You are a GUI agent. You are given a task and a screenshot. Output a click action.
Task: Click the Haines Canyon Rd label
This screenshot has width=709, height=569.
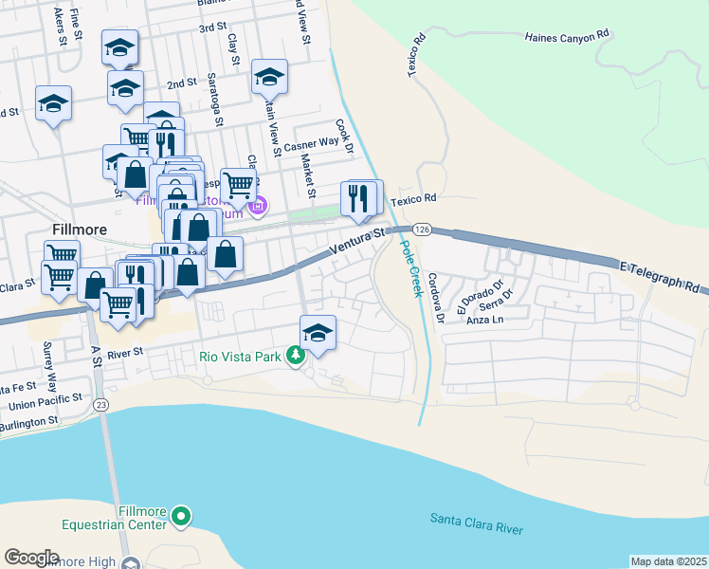click(566, 37)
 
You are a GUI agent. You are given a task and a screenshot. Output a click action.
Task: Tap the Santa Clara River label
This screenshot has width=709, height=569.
click(476, 523)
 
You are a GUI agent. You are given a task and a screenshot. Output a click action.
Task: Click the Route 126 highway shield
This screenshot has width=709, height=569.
click(423, 229)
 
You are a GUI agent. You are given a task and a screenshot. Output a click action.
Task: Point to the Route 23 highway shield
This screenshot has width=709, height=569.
click(101, 404)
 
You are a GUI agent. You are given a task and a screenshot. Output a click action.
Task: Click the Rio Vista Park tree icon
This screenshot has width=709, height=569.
click(297, 356)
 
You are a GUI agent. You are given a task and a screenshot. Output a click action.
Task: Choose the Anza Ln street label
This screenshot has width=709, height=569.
click(485, 320)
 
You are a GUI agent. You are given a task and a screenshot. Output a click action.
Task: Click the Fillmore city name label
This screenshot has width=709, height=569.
click(79, 230)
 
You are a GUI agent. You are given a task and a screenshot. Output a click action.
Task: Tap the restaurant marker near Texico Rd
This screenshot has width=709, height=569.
click(359, 198)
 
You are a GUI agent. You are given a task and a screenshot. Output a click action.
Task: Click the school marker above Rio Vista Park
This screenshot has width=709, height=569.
click(318, 333)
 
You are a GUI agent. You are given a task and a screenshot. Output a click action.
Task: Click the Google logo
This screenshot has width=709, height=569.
click(31, 558)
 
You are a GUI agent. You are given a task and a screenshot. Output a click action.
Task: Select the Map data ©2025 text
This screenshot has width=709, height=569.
click(668, 561)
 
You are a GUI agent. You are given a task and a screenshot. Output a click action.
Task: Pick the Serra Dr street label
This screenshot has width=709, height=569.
click(495, 303)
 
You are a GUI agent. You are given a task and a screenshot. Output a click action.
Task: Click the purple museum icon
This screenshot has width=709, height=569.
click(256, 204)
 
